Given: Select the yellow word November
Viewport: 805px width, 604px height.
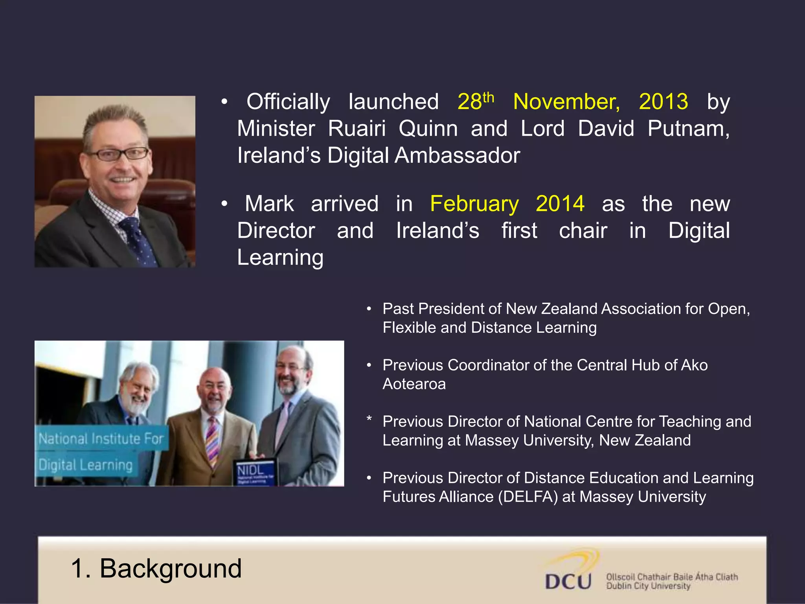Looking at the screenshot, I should pyautogui.click(x=566, y=102).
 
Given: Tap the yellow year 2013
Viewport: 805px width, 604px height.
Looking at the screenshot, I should pyautogui.click(x=663, y=102).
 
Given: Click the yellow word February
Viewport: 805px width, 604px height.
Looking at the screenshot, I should pyautogui.click(x=474, y=204).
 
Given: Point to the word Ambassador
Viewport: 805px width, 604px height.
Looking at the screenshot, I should pyautogui.click(x=457, y=155).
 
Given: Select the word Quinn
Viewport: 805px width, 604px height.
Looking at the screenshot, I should pyautogui.click(x=428, y=129).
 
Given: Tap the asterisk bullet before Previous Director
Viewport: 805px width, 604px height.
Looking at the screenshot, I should pyautogui.click(x=369, y=419).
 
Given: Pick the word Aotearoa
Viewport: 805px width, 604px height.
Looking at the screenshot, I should pyautogui.click(x=414, y=384).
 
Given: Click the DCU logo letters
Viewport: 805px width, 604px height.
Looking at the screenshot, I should pyautogui.click(x=568, y=582).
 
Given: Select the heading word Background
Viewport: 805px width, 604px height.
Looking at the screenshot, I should pyautogui.click(x=171, y=569).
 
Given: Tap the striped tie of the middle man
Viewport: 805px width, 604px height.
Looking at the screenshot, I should pyautogui.click(x=212, y=440).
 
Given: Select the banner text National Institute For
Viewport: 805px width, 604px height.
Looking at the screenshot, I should pyautogui.click(x=101, y=438).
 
